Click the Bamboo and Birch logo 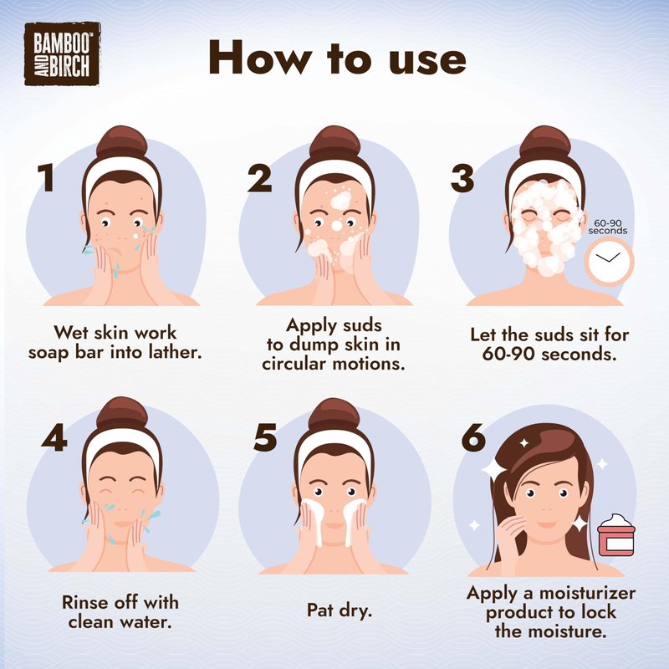tap(62, 54)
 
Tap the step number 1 tap(46, 178)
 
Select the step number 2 tap(259, 178)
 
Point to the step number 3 tap(462, 178)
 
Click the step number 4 tap(54, 437)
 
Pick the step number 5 tap(265, 437)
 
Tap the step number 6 tap(473, 437)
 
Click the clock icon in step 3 tap(609, 261)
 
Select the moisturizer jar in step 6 tap(616, 535)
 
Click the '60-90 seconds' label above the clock tap(608, 227)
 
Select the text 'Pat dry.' tap(340, 610)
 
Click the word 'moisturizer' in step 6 tap(587, 593)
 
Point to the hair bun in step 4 tap(122, 413)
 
